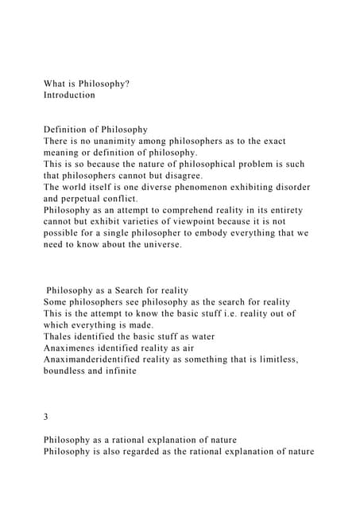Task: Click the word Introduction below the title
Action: [69, 95]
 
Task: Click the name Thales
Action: [60, 336]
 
